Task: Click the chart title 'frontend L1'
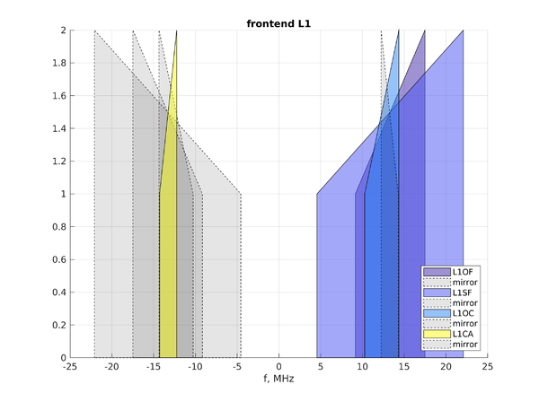tap(278, 23)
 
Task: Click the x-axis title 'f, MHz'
tap(278, 379)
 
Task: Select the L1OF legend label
tap(463, 272)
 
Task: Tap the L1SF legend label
tap(463, 293)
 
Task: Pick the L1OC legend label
tap(463, 313)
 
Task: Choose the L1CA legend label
tap(463, 334)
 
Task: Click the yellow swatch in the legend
tap(437, 334)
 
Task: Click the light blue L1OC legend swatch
tap(437, 313)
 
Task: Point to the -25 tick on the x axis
tap(70, 367)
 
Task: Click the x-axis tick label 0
tap(278, 367)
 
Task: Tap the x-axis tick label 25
tap(488, 367)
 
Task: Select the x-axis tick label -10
tap(195, 367)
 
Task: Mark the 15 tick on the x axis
tap(404, 367)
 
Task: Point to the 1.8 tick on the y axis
tap(59, 63)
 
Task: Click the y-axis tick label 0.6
tap(59, 260)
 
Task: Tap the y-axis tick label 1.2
tap(59, 162)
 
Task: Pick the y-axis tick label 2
tap(63, 31)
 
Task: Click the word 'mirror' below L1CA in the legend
tap(465, 345)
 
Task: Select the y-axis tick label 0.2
tap(59, 325)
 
